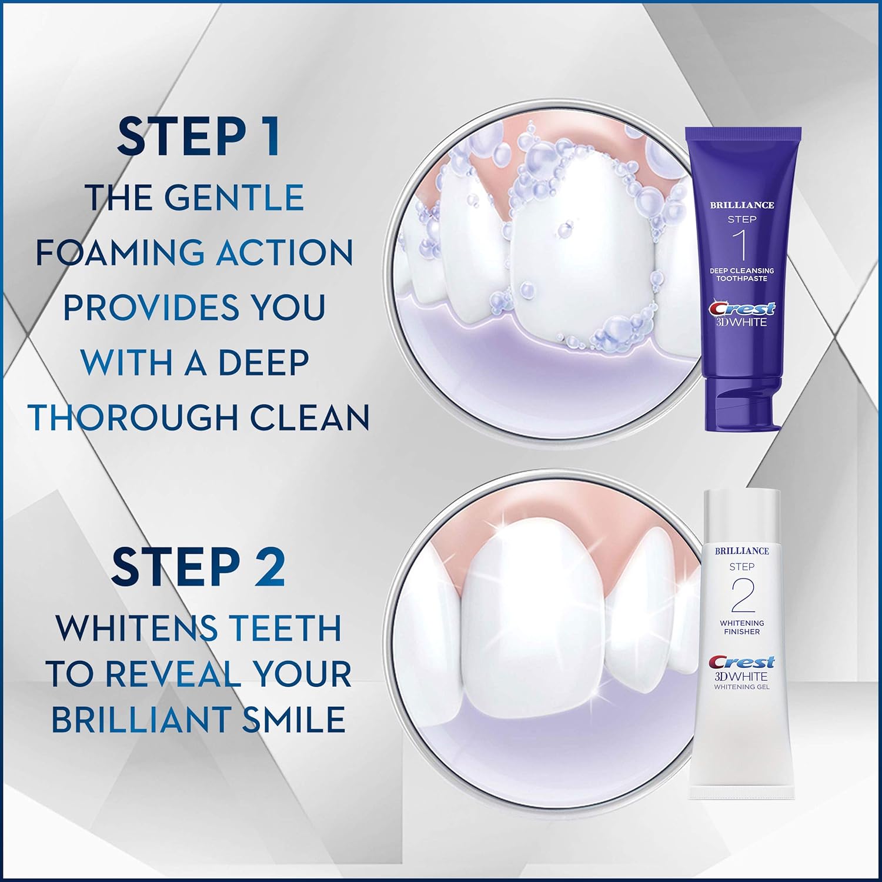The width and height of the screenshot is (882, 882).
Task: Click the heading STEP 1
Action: point(198,137)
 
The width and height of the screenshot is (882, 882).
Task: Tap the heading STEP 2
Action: point(198,567)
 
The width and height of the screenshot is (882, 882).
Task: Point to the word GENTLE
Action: point(233,198)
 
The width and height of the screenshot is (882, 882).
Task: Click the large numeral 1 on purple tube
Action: point(742,245)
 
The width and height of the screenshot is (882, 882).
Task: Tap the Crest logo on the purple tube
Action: point(742,308)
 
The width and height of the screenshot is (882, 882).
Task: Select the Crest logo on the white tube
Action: point(742,662)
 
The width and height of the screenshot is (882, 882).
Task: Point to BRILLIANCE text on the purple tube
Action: point(742,205)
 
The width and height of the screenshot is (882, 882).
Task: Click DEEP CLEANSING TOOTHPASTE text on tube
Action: point(742,275)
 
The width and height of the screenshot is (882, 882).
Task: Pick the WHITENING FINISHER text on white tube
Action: point(742,627)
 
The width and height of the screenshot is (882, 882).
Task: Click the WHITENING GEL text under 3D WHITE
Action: point(742,687)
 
